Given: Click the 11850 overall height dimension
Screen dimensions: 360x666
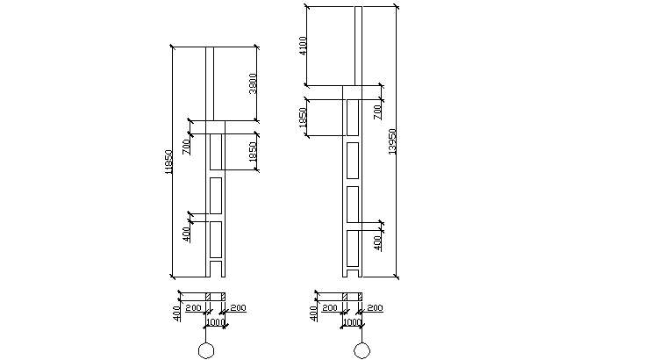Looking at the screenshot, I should click(x=168, y=162).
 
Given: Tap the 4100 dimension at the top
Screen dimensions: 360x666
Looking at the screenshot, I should click(x=302, y=46).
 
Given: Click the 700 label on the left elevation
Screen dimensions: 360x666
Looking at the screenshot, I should click(x=186, y=146).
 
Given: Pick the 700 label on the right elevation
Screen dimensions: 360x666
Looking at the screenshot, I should click(x=376, y=111).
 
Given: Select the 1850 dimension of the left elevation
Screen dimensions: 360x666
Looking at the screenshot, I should click(x=253, y=151).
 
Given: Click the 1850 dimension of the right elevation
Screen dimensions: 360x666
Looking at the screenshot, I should click(x=303, y=119).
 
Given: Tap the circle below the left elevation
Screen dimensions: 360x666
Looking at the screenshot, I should click(x=206, y=351).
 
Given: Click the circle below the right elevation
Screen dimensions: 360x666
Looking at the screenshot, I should click(x=361, y=351).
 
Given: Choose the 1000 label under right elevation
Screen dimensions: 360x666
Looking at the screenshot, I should click(x=352, y=322).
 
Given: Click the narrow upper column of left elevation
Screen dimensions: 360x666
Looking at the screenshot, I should click(x=210, y=83).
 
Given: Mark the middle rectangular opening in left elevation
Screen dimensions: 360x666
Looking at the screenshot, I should click(x=215, y=194).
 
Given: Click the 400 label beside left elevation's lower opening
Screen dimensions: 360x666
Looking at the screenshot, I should click(x=186, y=234).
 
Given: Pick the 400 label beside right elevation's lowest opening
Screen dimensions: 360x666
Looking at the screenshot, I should click(x=377, y=242).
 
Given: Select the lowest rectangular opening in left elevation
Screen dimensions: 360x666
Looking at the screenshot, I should click(x=215, y=237).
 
